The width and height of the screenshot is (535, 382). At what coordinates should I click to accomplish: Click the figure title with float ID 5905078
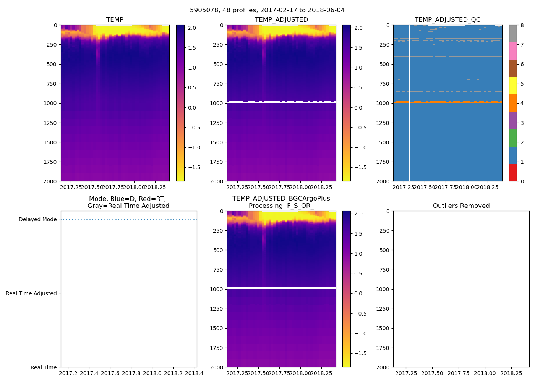pos(267,10)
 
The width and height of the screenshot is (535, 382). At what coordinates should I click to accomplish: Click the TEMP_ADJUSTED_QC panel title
pos(447,20)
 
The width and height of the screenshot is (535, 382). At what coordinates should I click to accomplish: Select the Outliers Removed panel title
pos(461,206)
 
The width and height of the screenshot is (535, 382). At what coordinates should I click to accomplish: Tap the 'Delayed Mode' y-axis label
pos(37,219)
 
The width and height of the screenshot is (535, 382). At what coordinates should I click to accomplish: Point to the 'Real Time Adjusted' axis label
pos(31,293)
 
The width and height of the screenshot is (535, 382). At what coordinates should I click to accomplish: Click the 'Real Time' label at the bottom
pos(44,367)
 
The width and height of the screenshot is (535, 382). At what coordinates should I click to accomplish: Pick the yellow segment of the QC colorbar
pos(513,86)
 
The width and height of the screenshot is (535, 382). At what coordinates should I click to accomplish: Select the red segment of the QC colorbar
pos(513,173)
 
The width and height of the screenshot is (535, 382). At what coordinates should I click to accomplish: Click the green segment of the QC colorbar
pos(513,138)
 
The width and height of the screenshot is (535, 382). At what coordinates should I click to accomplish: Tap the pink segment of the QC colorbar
pos(513,51)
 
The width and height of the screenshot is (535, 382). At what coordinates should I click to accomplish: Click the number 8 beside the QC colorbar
pos(522,26)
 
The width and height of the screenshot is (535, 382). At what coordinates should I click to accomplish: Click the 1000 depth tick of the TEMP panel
pos(50,103)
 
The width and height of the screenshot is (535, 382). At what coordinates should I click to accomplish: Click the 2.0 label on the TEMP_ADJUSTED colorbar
pos(358,28)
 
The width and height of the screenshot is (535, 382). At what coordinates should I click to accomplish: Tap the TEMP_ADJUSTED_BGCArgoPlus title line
pos(281,199)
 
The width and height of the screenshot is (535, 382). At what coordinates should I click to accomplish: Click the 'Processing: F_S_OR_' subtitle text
pos(281,206)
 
